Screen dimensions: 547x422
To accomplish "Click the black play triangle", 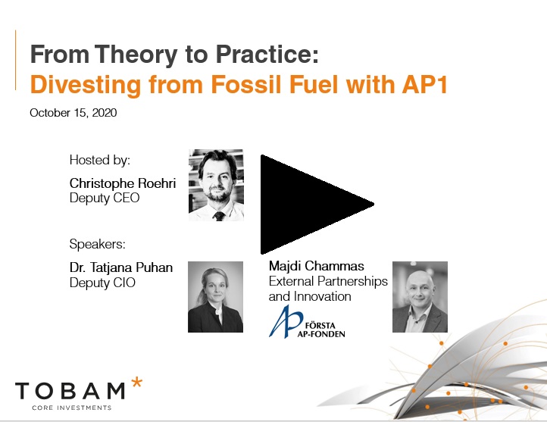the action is click(x=307, y=205).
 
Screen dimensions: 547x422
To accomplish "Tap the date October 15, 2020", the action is click(x=73, y=113).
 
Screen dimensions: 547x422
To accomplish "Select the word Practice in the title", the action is click(x=267, y=54).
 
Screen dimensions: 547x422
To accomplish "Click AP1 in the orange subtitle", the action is click(x=424, y=84).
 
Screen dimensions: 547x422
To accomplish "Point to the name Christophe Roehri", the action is click(x=123, y=183).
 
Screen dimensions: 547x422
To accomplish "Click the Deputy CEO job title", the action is click(x=105, y=198).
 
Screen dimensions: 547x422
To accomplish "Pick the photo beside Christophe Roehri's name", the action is click(x=216, y=185).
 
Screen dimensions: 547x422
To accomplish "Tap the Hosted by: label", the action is click(x=100, y=160).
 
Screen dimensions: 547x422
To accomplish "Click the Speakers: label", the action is click(x=97, y=244).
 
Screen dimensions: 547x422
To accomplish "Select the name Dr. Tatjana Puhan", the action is click(x=121, y=267).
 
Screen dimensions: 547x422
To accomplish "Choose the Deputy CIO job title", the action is click(x=102, y=283).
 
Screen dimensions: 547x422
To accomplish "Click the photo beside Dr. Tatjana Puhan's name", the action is click(x=216, y=297).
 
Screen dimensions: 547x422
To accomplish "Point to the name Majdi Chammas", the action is click(x=317, y=266).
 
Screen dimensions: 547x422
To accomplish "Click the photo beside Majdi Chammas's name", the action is click(x=420, y=297).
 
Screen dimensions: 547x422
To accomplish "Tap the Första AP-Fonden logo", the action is click(x=307, y=322).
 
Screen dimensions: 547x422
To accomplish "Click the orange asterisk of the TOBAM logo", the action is click(x=136, y=383).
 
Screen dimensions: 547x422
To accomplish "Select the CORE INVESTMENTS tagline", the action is click(x=72, y=408).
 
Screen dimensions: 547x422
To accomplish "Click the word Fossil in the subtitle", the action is click(x=246, y=84).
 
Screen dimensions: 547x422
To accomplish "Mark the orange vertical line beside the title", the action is click(x=16, y=60).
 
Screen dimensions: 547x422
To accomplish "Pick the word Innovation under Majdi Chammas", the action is click(x=323, y=296).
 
